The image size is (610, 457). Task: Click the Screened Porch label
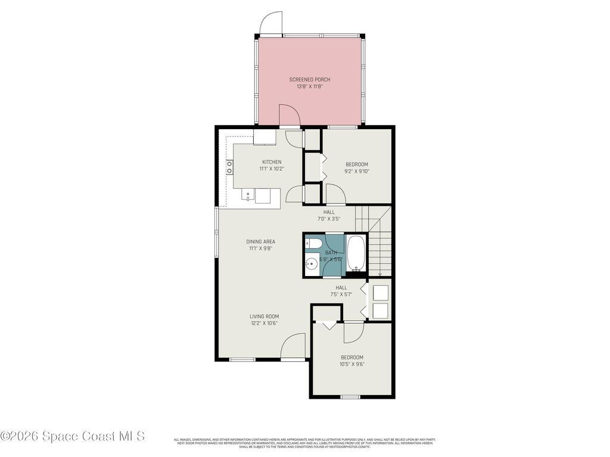pyautogui.click(x=309, y=80)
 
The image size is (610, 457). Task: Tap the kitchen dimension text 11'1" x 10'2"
pyautogui.click(x=272, y=169)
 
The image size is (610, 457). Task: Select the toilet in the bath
pyautogui.click(x=313, y=244)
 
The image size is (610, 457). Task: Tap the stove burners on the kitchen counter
pyautogui.click(x=229, y=167)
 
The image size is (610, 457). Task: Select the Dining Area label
pyautogui.click(x=261, y=242)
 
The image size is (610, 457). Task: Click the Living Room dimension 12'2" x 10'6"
pyautogui.click(x=264, y=323)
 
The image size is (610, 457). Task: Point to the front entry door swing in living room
pyautogui.click(x=294, y=346)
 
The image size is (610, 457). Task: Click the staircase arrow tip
pyautogui.click(x=380, y=274)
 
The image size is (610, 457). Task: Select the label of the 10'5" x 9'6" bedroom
pyautogui.click(x=351, y=358)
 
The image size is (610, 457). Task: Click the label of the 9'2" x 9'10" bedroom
pyautogui.click(x=357, y=164)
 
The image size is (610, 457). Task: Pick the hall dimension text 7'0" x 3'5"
pyautogui.click(x=329, y=218)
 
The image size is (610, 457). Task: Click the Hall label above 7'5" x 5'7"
pyautogui.click(x=341, y=287)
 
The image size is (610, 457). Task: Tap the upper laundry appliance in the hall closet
pyautogui.click(x=379, y=292)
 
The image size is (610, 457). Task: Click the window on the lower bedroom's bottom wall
pyautogui.click(x=350, y=396)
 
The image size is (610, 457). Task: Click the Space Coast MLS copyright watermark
pyautogui.click(x=73, y=436)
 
